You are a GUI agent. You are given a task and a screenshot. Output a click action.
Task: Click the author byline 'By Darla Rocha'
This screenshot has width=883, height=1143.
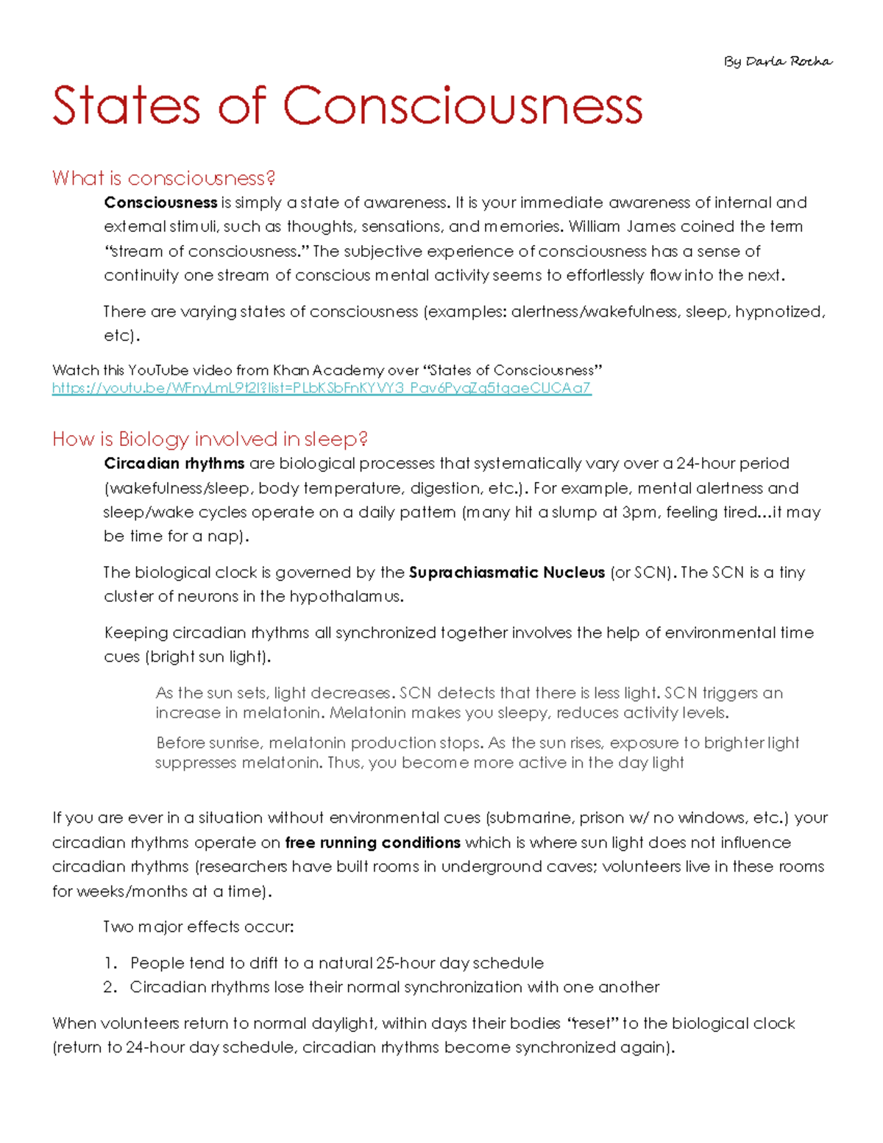point(778,62)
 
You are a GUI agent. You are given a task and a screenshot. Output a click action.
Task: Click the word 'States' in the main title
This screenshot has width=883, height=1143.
point(126,106)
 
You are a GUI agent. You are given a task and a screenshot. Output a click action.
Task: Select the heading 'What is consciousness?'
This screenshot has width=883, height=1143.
point(163,178)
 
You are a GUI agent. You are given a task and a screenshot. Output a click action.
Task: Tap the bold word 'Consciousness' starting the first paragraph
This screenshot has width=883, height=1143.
point(160,202)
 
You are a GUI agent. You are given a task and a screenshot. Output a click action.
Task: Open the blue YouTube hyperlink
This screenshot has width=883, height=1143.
point(321,388)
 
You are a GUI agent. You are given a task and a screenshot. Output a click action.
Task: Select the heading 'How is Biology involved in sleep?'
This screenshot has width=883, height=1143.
point(210,439)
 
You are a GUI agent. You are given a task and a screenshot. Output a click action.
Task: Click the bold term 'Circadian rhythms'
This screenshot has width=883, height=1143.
point(174,464)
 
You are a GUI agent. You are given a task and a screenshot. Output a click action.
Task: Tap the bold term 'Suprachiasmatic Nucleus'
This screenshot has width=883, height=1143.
point(507,573)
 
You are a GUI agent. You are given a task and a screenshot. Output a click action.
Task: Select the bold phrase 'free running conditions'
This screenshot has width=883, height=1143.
point(372,843)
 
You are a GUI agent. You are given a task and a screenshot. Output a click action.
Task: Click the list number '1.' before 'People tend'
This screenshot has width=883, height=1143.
point(110,963)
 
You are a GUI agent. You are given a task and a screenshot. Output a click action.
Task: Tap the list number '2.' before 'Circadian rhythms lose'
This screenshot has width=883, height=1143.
point(110,988)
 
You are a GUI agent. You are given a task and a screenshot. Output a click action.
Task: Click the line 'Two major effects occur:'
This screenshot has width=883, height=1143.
point(199,927)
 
